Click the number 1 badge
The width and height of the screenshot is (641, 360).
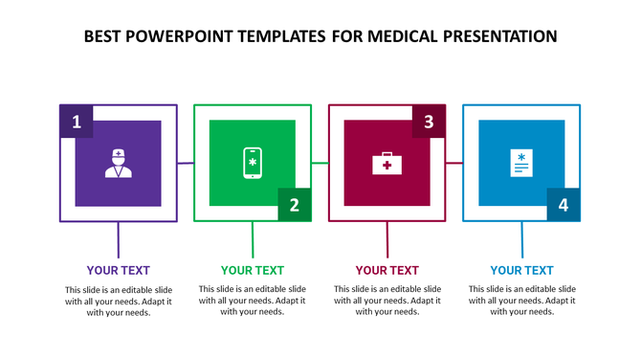[77, 122]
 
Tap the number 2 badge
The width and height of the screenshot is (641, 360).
[295, 205]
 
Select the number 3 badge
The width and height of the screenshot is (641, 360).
[429, 122]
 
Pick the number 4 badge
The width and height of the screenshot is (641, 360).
[564, 205]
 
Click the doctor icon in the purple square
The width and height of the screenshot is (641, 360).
[118, 163]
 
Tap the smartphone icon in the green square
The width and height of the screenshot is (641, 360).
[253, 163]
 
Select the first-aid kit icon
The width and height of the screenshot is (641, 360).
[387, 164]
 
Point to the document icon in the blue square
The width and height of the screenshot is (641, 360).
[521, 163]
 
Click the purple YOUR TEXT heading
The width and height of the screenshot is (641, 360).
[118, 270]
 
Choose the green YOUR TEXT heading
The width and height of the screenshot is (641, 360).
[253, 270]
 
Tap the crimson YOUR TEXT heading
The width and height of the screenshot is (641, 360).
[387, 270]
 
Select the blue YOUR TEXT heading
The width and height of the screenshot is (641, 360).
[521, 270]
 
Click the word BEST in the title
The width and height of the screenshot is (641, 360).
[104, 37]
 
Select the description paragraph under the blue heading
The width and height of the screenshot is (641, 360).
[521, 300]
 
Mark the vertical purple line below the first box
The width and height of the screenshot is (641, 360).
[118, 238]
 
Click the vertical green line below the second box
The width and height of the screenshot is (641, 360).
[253, 238]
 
